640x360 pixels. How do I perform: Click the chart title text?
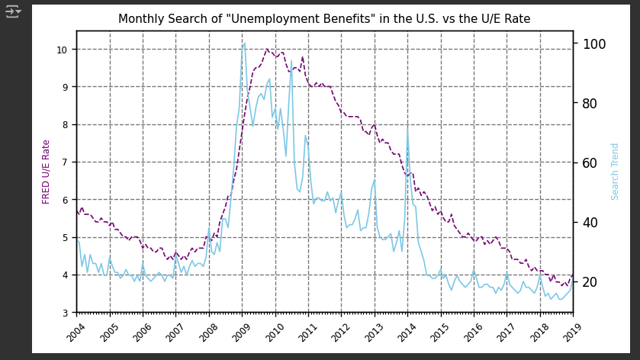tap(324, 19)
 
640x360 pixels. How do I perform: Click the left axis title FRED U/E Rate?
tap(47, 172)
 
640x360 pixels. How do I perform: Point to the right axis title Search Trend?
tap(615, 172)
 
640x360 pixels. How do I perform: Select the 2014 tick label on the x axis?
tap(402, 333)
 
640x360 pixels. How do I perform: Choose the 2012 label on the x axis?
tap(336, 333)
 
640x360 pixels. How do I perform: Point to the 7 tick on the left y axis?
tap(66, 162)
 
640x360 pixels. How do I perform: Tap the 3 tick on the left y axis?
tap(66, 313)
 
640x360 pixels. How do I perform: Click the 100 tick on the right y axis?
tap(593, 44)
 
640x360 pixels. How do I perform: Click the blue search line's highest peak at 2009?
tap(244, 43)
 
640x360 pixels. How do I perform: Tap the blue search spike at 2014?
tap(407, 130)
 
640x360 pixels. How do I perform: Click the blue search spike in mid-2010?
tap(291, 61)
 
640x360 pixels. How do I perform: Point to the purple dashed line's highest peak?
tap(267, 50)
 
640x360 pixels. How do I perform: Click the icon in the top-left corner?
tap(13, 11)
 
